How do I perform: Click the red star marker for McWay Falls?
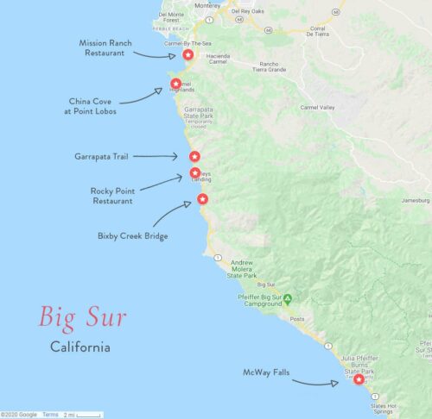pyautogui.click(x=359, y=378)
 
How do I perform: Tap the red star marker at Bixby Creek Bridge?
pyautogui.click(x=203, y=199)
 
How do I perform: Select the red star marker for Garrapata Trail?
pyautogui.click(x=195, y=156)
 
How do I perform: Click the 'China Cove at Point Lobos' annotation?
pyautogui.click(x=92, y=106)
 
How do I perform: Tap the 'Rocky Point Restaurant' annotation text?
pyautogui.click(x=111, y=196)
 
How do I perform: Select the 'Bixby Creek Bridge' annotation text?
pyautogui.click(x=131, y=235)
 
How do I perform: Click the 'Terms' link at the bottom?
pyautogui.click(x=52, y=415)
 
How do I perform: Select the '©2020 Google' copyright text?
pyautogui.click(x=18, y=415)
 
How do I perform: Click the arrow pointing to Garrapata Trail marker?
pyautogui.click(x=156, y=156)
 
